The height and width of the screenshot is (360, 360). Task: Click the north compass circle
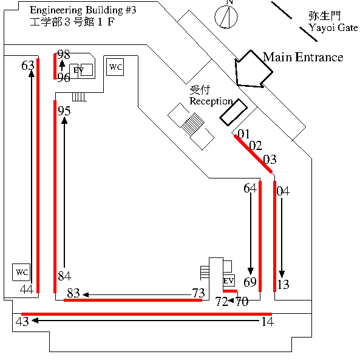pos(226,6)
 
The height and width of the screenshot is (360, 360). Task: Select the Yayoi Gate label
pos(333,27)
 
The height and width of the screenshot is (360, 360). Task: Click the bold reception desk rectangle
pos(234,112)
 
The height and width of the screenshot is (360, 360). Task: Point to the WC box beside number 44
pos(21,272)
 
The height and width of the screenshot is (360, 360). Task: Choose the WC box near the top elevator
pos(115,67)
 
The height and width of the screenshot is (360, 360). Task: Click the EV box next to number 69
pos(229,280)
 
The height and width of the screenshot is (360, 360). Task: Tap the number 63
pos(28,66)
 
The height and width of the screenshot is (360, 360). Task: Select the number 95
pos(64,111)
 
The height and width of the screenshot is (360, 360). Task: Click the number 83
pos(73,293)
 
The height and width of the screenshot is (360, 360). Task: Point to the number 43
pos(22,321)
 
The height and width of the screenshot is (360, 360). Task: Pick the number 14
pos(268,321)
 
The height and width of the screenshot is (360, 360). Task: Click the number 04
pos(283,191)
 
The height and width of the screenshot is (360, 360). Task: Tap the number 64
pos(250,188)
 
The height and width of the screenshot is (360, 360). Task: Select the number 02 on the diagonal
pos(256,146)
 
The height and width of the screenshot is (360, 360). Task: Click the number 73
pos(199,293)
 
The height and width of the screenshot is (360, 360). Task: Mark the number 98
pos(63,55)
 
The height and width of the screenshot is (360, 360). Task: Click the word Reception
pos(211,101)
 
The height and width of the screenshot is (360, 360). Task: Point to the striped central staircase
pos(192,124)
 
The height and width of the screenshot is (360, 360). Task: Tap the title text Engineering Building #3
pos(83,10)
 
